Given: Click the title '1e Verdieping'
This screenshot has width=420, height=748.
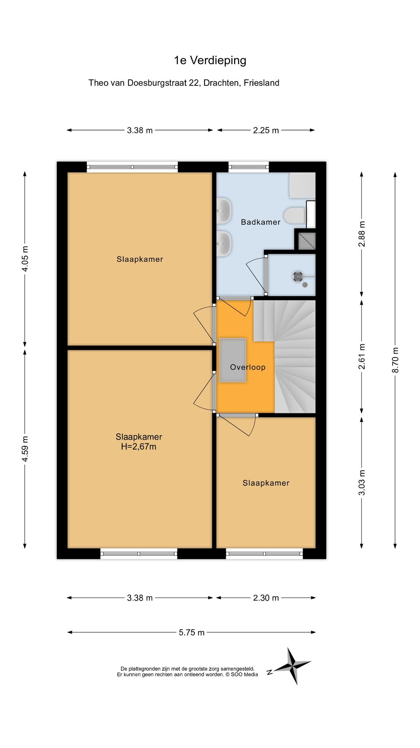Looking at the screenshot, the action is [210, 60].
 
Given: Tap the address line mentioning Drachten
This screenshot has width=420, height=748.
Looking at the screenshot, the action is [184, 83].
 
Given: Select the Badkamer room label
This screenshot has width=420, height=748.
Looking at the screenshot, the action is [261, 222].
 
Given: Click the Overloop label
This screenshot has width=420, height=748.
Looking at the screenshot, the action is [248, 367].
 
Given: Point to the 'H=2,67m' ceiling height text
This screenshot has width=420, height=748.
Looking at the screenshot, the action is [139, 446].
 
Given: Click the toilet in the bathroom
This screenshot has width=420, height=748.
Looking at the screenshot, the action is [294, 215].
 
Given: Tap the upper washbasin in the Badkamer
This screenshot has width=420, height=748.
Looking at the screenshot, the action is [224, 211].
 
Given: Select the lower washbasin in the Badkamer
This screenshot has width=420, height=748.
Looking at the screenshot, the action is [224, 243].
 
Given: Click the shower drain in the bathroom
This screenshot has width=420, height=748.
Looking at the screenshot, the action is [298, 276].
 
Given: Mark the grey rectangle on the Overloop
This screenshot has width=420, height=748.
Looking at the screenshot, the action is [233, 360].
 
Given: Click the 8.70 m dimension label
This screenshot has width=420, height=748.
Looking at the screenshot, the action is [395, 360].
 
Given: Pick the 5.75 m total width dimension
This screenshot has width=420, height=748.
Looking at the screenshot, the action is [192, 632].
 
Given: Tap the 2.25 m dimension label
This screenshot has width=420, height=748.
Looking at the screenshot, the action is [266, 130].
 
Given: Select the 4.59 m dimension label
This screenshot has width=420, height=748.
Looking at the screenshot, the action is [25, 449].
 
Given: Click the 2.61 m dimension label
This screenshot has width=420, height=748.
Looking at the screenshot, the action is [362, 356].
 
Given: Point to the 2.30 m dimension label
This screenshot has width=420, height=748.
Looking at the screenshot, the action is [266, 598].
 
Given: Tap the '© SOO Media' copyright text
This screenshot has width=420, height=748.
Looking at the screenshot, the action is [242, 674].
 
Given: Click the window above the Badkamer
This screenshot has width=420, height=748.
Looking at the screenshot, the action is [249, 167].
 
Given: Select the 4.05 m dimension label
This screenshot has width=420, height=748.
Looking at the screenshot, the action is [25, 259].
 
